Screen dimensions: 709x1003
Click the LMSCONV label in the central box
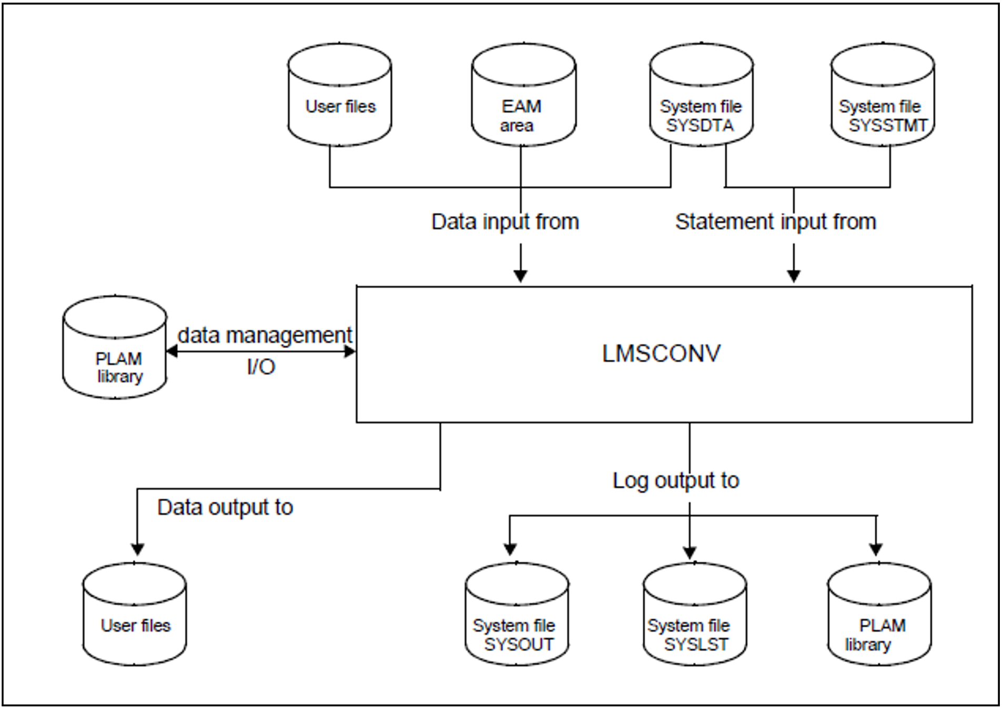pyautogui.click(x=661, y=353)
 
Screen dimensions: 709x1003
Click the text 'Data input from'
pyautogui.click(x=505, y=222)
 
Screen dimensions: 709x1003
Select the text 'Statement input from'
pyautogui.click(x=776, y=222)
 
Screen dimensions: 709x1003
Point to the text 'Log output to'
pyautogui.click(x=676, y=481)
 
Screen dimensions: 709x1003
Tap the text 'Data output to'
pyautogui.click(x=225, y=508)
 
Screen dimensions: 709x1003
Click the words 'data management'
pyautogui.click(x=265, y=335)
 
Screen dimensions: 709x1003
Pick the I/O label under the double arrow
pyautogui.click(x=261, y=367)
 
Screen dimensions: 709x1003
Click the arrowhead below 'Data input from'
pyautogui.click(x=520, y=276)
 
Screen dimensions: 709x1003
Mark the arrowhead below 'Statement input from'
pyautogui.click(x=794, y=276)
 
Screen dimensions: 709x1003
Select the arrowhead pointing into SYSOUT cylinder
pyautogui.click(x=510, y=549)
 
